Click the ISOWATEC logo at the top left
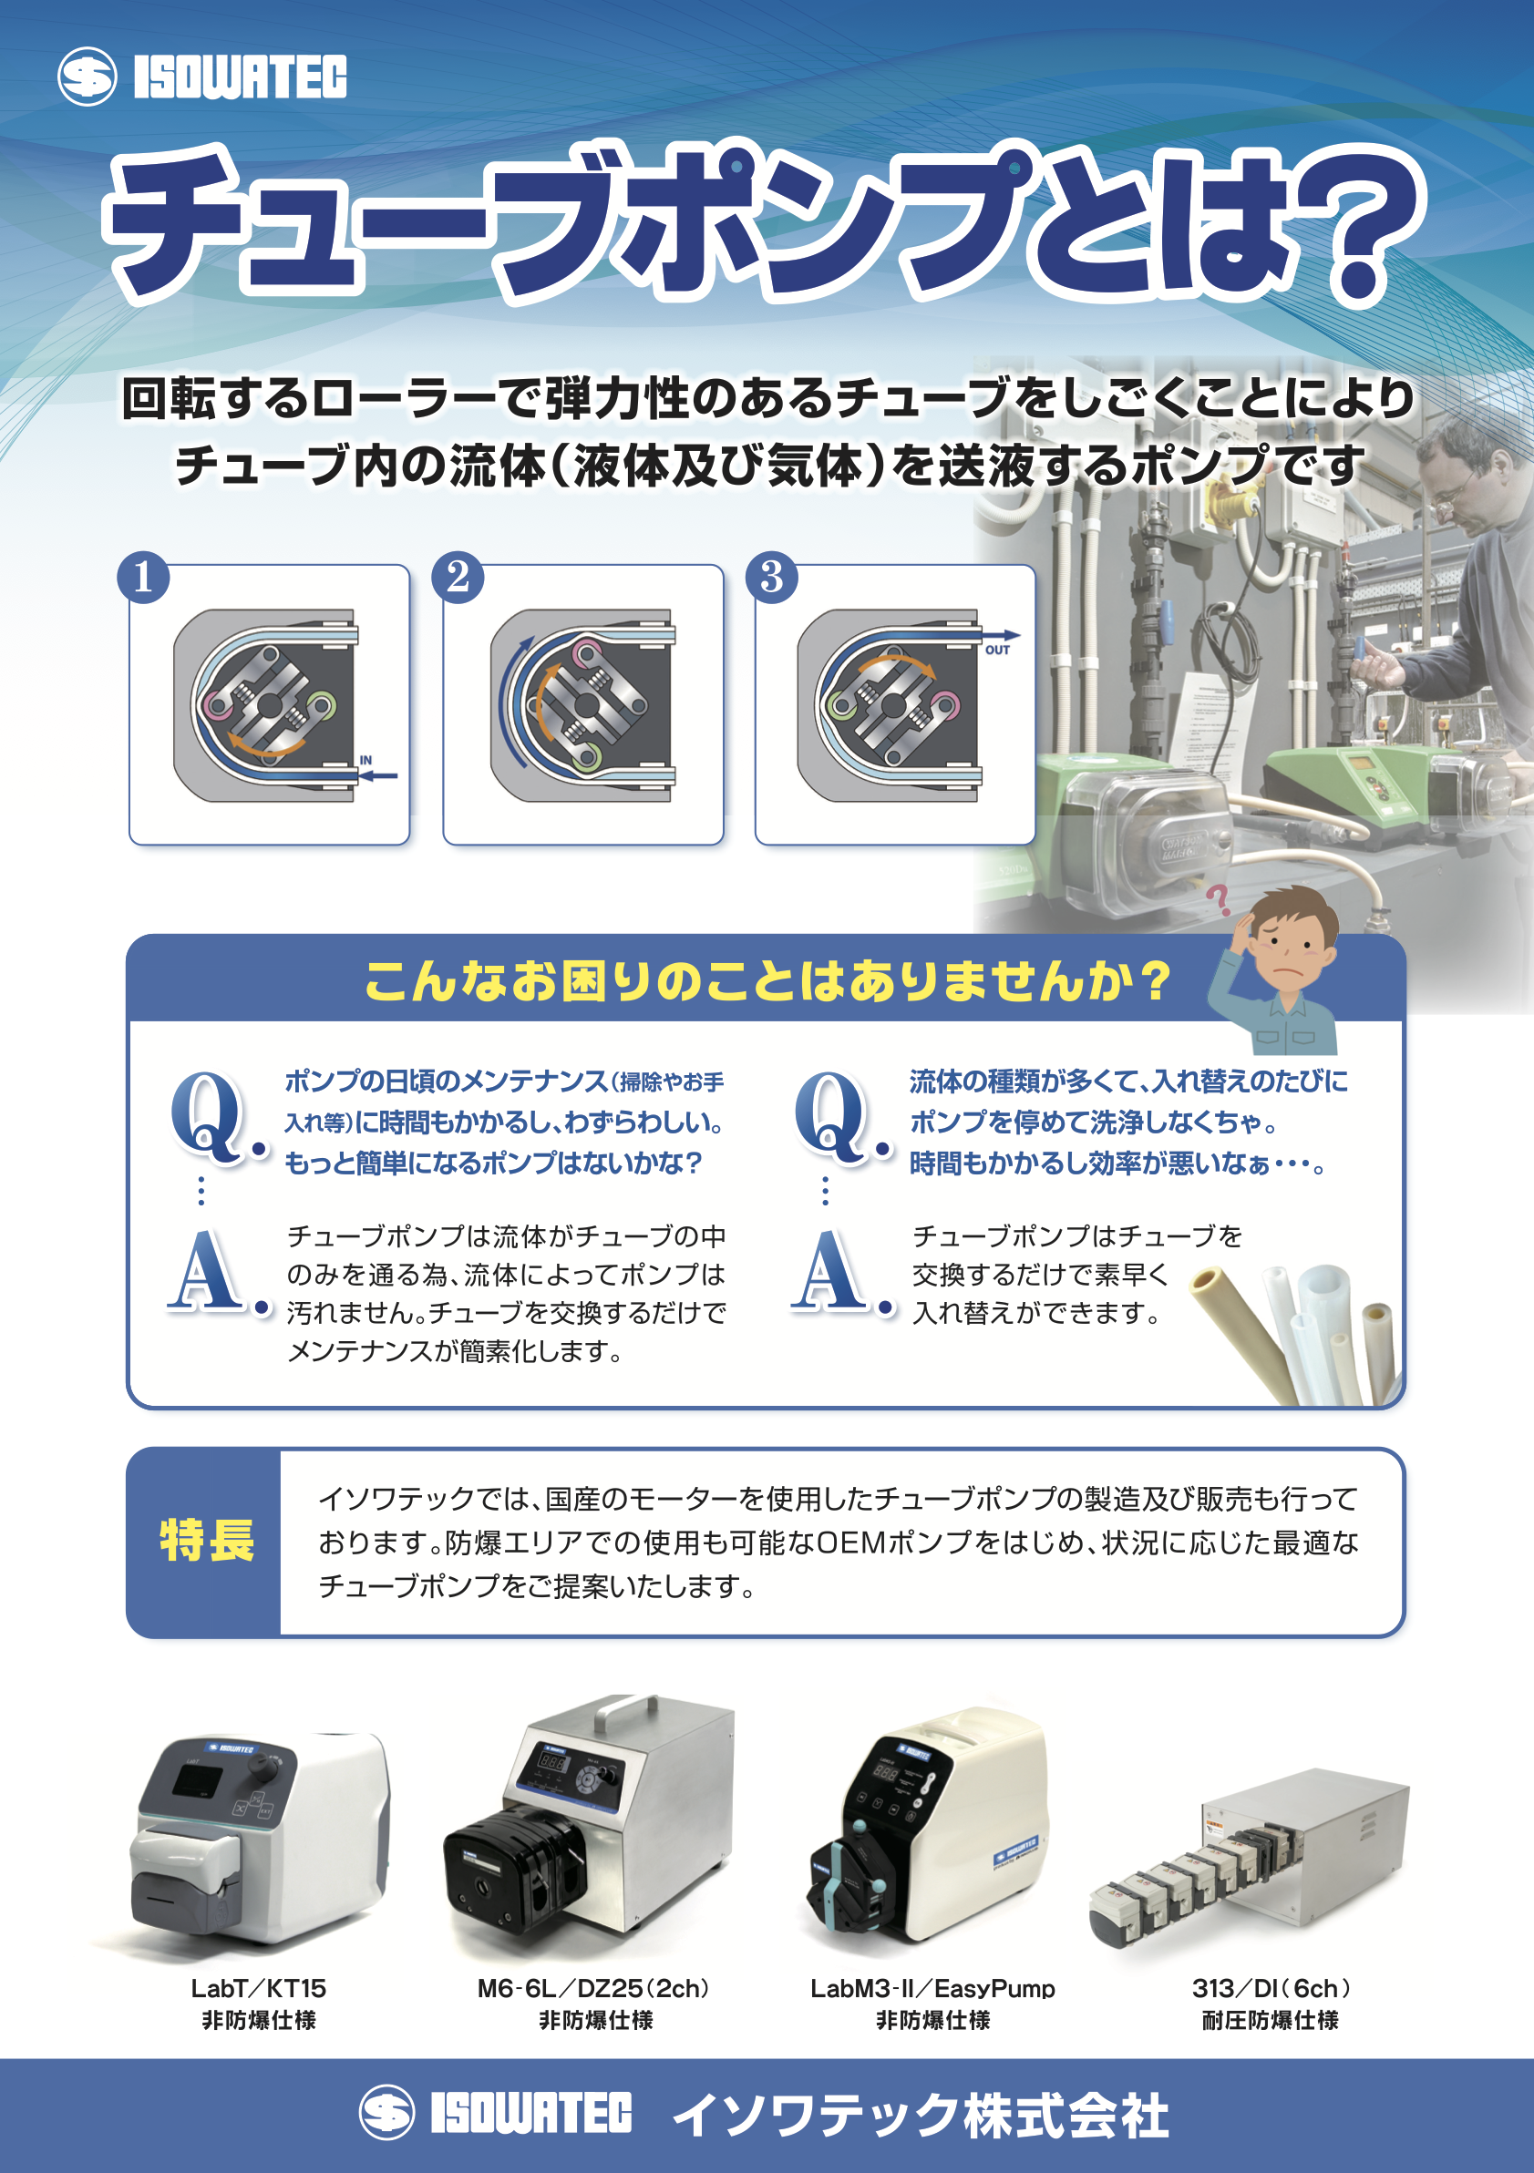point(201,76)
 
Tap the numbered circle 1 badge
point(143,577)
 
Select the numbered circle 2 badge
point(458,577)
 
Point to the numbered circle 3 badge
point(772,577)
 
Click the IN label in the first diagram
point(365,760)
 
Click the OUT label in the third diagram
point(997,651)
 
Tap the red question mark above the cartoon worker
point(1219,899)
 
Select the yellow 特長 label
point(206,1540)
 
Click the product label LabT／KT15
point(259,1988)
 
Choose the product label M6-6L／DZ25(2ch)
point(593,1988)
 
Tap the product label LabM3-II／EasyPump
point(932,1988)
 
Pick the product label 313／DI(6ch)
point(1271,1988)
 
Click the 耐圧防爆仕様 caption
point(1271,2021)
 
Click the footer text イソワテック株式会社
point(920,2116)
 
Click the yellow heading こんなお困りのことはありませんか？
point(768,980)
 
